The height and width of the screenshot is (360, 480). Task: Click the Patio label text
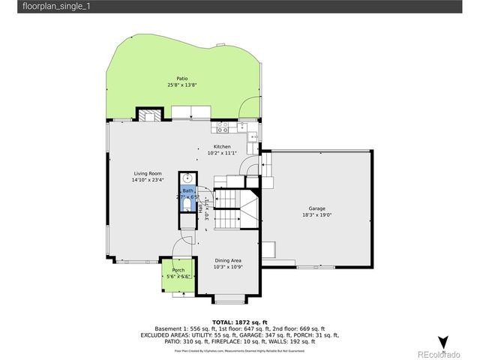click(x=181, y=78)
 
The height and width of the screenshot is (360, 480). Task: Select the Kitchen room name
click(x=222, y=146)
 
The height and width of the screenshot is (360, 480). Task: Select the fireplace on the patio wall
click(x=148, y=115)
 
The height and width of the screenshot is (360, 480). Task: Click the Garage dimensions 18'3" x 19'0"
click(x=316, y=214)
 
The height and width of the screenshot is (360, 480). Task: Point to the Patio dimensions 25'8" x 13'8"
click(x=181, y=85)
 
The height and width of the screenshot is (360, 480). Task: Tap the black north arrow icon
click(x=442, y=342)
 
